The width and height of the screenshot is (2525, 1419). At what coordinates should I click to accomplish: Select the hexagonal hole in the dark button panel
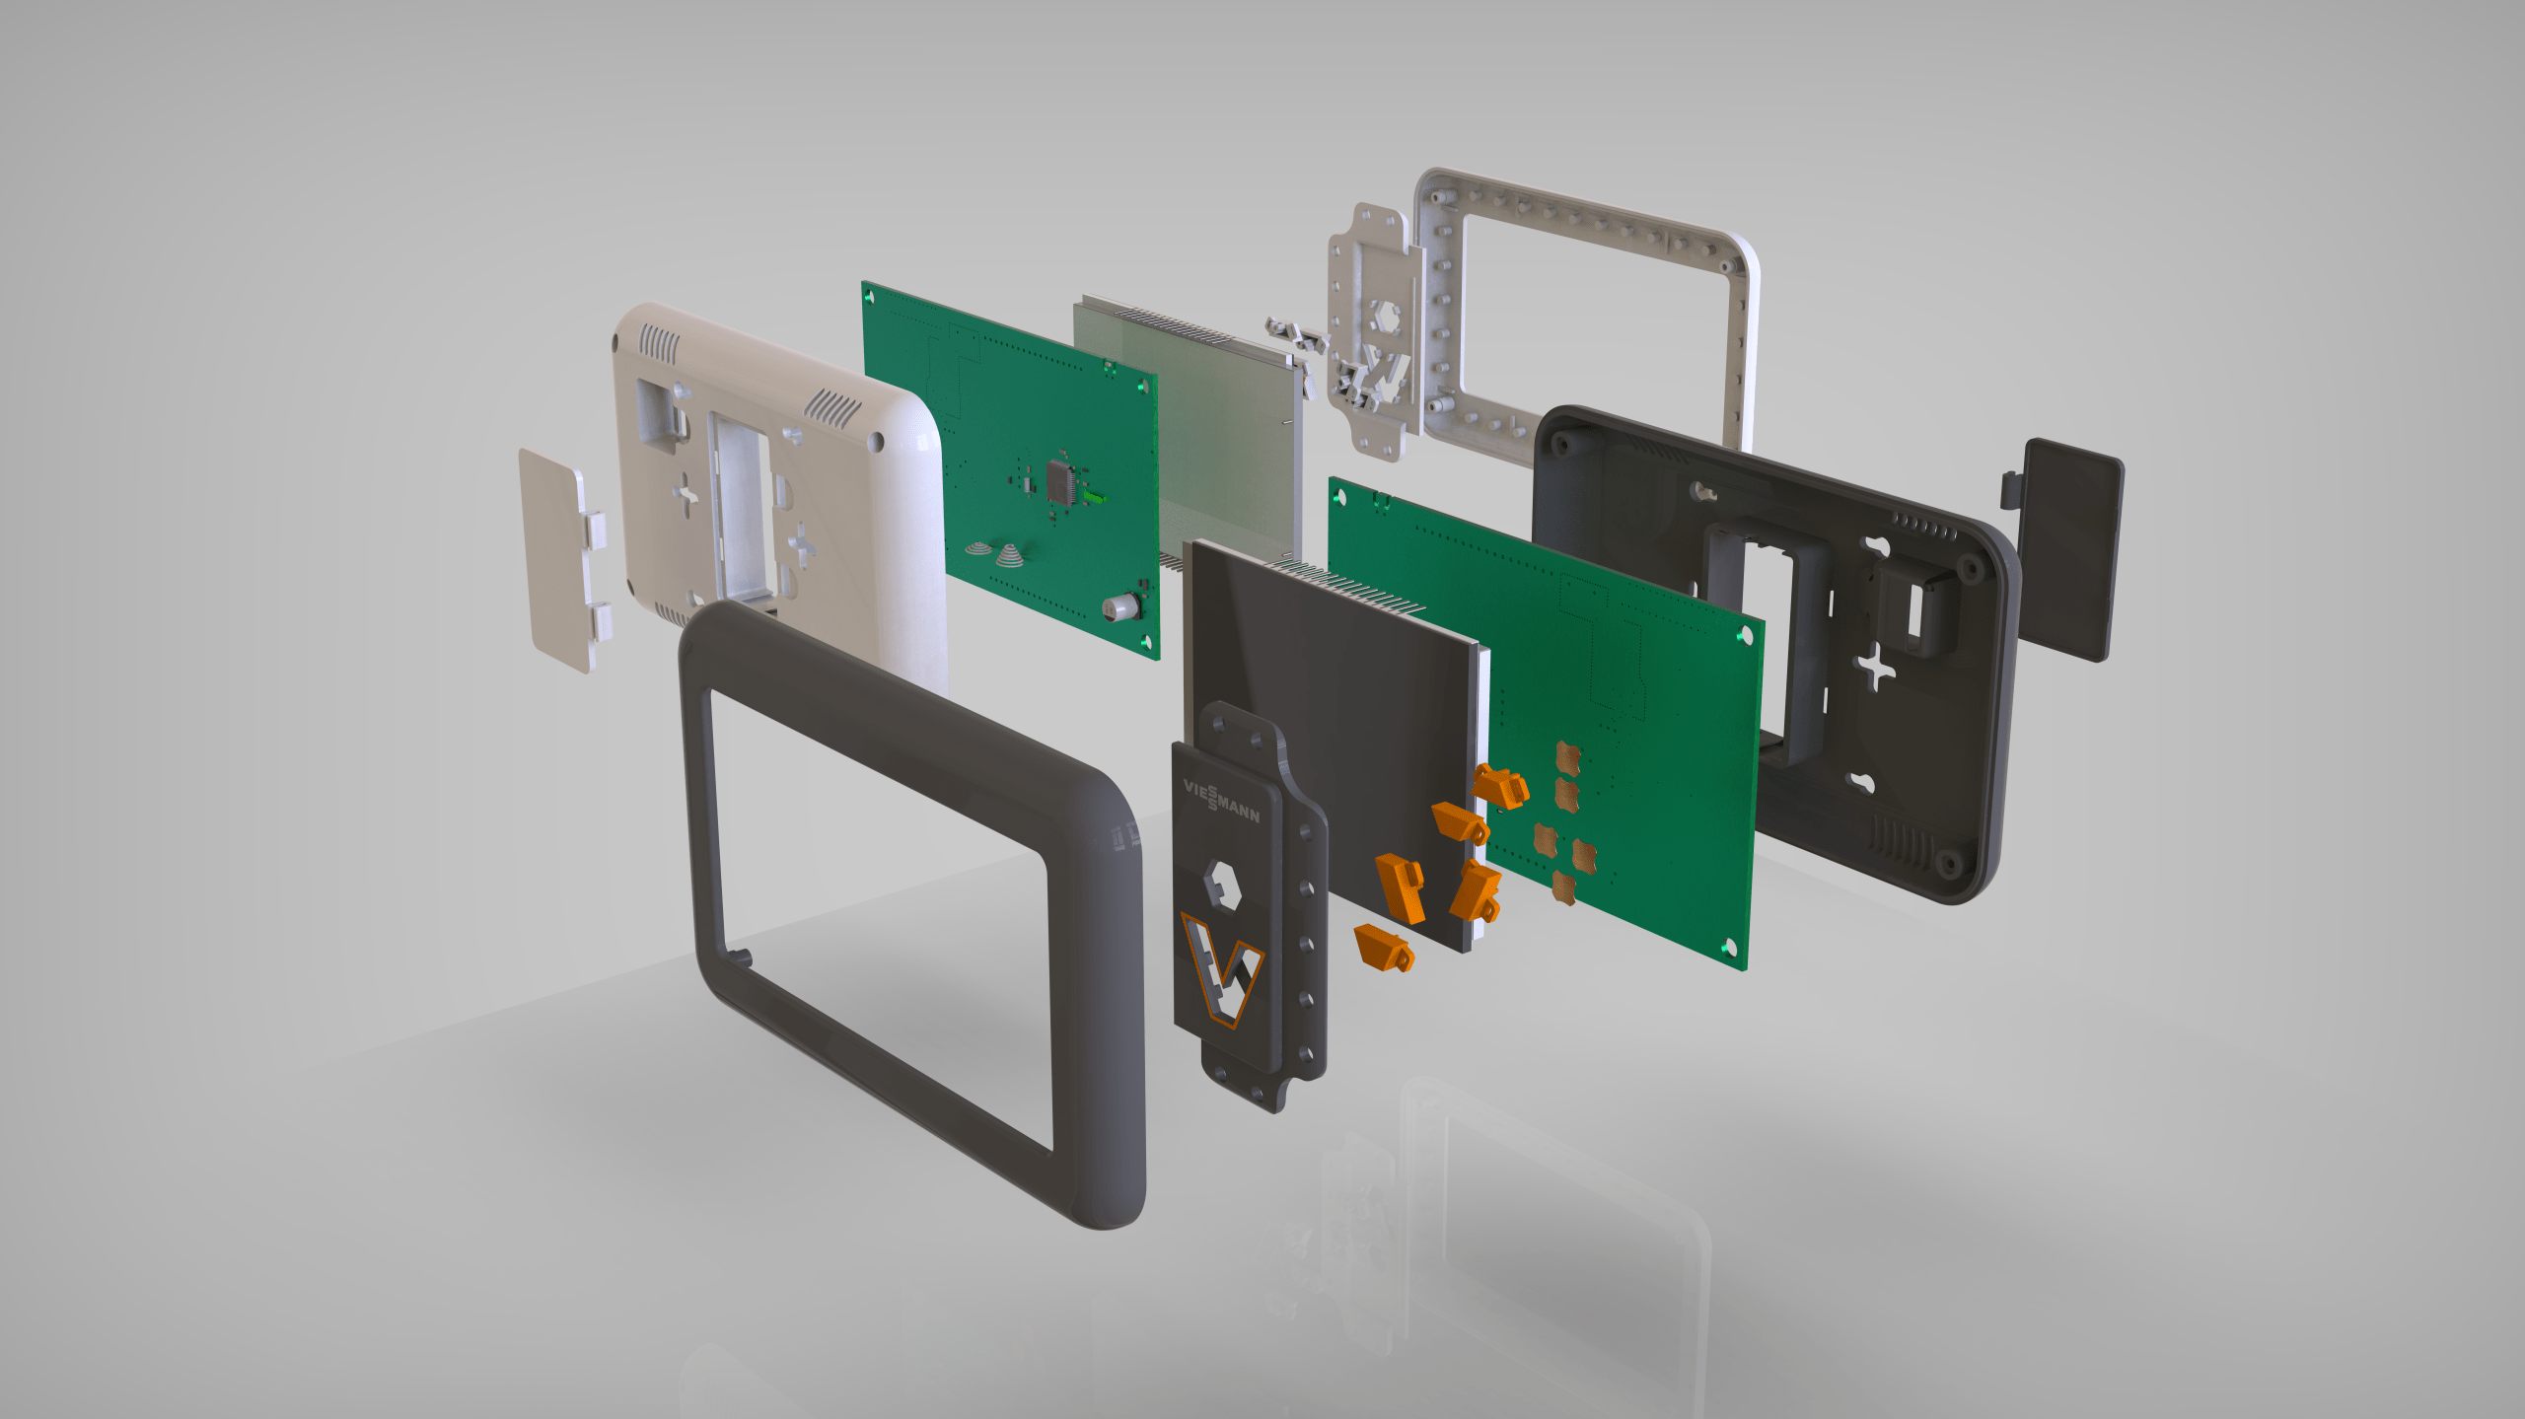[1222, 885]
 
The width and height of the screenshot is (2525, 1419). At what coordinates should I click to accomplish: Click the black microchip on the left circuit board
[1060, 480]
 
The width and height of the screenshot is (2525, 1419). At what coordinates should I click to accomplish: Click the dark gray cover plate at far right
[2065, 549]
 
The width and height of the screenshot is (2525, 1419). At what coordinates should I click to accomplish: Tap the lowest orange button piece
[1385, 948]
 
